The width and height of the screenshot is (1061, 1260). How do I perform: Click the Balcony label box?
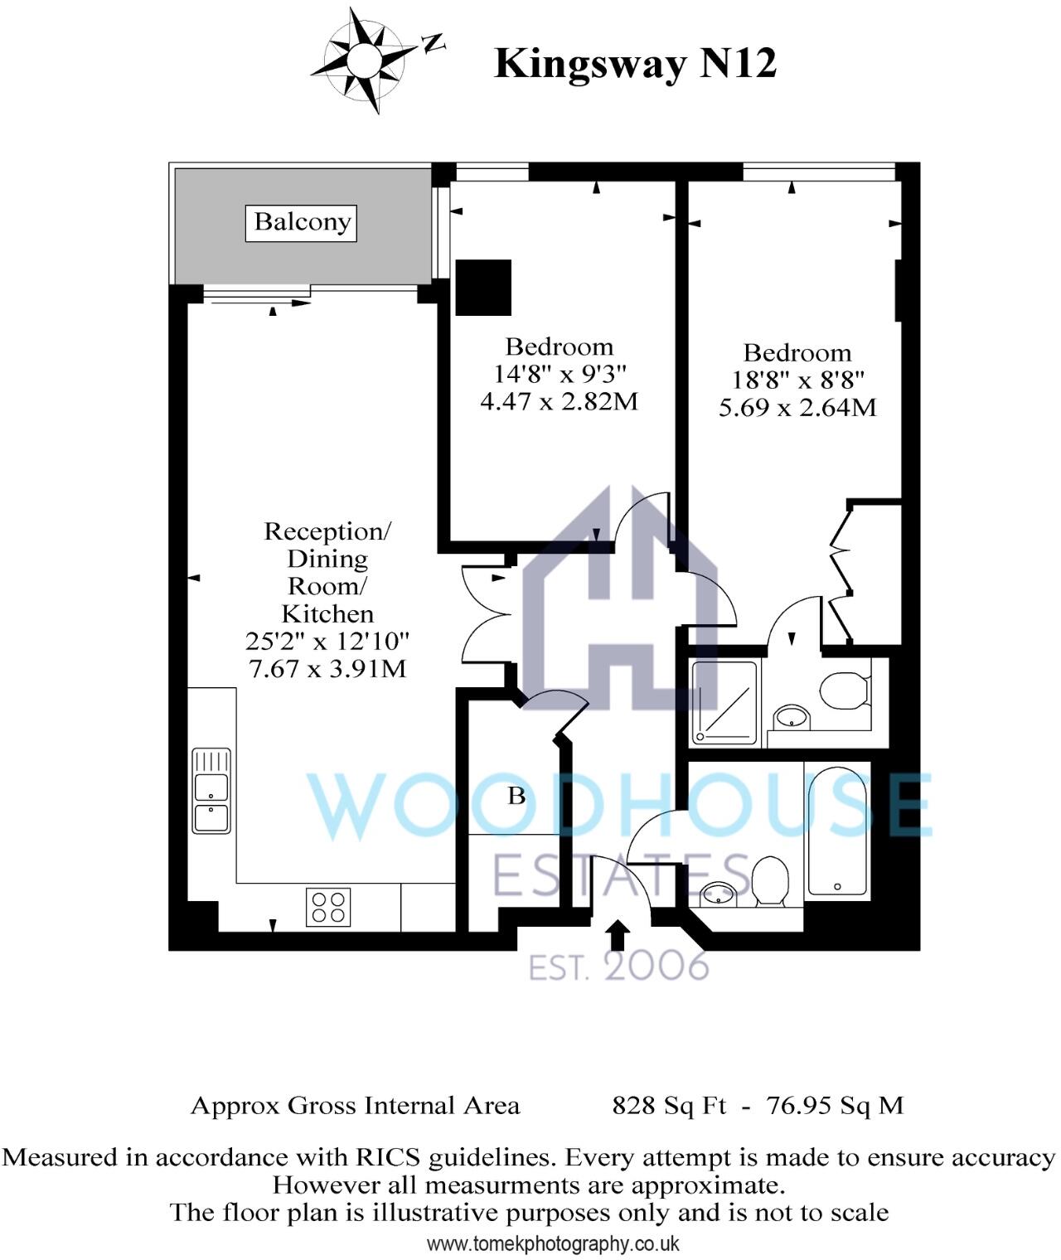click(x=301, y=223)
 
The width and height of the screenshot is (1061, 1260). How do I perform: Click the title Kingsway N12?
click(x=635, y=63)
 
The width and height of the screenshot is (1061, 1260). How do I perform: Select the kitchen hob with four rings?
click(x=328, y=906)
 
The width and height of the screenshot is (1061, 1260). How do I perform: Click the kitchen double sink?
click(x=211, y=791)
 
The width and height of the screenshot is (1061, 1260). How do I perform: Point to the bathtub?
click(x=839, y=831)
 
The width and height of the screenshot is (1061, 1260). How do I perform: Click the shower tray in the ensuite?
click(x=724, y=700)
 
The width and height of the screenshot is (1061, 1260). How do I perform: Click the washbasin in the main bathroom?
click(x=718, y=894)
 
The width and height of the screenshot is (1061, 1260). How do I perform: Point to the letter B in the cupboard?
click(x=516, y=797)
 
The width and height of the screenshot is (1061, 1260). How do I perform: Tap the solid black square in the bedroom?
click(x=483, y=288)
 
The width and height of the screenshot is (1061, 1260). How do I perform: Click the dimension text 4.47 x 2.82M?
click(x=560, y=402)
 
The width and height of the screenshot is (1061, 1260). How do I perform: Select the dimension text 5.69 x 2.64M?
click(x=797, y=407)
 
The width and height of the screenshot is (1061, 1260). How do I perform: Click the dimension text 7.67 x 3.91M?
click(x=327, y=668)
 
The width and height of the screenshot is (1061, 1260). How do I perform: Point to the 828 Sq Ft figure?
click(x=668, y=1105)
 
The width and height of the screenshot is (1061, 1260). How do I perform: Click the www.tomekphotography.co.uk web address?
click(x=553, y=1243)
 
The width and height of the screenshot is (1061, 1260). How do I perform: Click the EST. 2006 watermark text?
click(x=619, y=967)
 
